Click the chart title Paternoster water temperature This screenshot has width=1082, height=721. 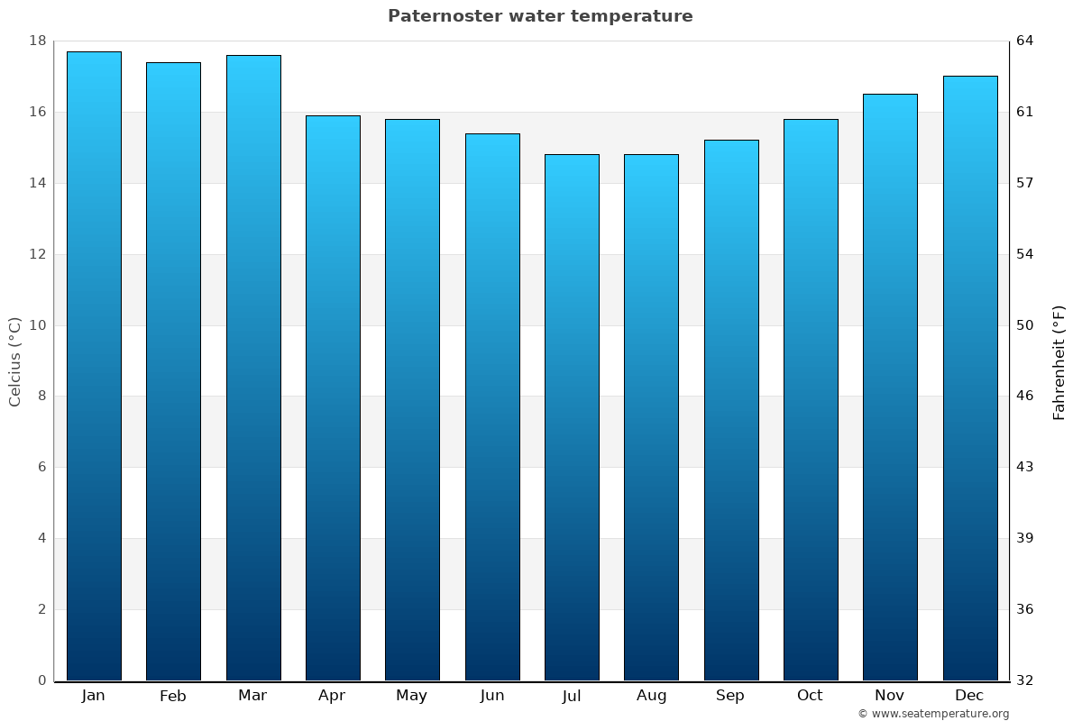click(x=540, y=16)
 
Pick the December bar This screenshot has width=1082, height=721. click(x=970, y=379)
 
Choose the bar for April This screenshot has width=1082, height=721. click(x=333, y=397)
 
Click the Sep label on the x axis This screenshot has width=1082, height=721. click(x=730, y=696)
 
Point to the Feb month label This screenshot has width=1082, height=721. click(x=173, y=696)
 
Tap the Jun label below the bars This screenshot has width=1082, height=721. click(x=492, y=696)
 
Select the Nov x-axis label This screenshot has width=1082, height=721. click(x=890, y=696)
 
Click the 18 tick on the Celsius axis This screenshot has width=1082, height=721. click(x=38, y=41)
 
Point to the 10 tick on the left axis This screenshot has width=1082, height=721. click(x=38, y=325)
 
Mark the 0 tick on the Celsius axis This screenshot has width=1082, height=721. click(x=41, y=680)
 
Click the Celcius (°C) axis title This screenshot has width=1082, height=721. click(x=15, y=361)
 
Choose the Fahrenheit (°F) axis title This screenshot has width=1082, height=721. click(x=1059, y=362)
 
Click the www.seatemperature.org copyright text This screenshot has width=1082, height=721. click(x=933, y=714)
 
